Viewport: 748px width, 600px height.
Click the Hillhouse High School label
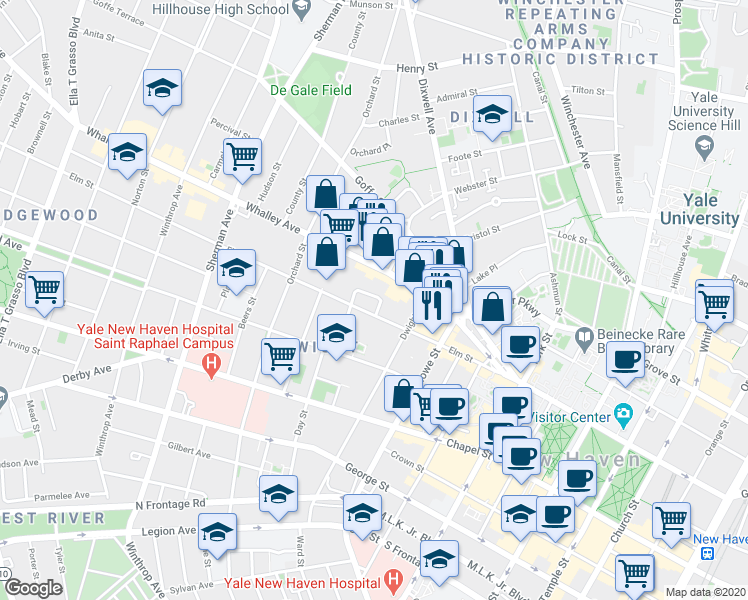point(221,9)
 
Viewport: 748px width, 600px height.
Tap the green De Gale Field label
point(311,89)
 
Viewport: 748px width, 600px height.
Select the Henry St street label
point(411,67)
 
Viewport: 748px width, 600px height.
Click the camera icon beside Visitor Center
point(625,413)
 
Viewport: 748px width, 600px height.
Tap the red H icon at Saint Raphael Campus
point(210,366)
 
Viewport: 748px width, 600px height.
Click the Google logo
point(33,588)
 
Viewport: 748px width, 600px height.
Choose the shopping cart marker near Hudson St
point(242,157)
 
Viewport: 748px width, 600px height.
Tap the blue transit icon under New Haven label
point(707,552)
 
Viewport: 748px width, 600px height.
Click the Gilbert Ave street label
point(187,448)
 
